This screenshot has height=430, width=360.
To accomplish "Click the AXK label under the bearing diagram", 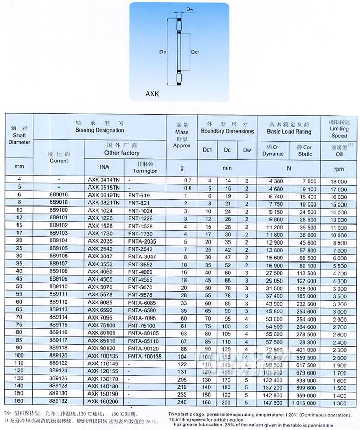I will (153, 95).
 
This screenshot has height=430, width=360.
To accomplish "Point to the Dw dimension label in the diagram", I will (175, 9).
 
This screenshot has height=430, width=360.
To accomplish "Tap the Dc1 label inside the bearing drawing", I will (195, 52).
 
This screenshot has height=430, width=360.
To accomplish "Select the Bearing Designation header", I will (100, 127).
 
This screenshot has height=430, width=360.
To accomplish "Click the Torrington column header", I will (145, 167).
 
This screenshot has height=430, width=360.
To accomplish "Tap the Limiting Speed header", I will (339, 129).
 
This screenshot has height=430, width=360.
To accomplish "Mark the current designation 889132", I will (60, 403).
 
